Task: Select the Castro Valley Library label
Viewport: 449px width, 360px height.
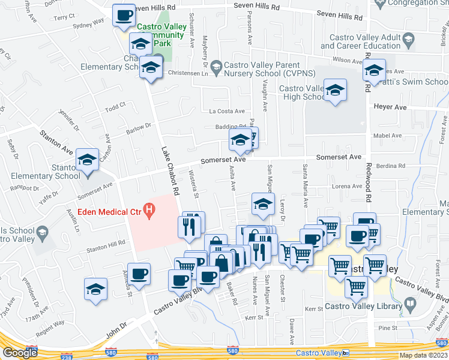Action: pos(367,307)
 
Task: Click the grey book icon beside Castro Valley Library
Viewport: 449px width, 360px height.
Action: pos(410,305)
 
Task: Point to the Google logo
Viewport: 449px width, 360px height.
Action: pos(20,353)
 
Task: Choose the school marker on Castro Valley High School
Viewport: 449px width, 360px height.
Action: pos(335,91)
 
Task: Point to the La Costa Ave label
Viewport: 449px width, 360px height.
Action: pos(227,111)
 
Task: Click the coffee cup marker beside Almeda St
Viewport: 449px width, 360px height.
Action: pos(140,274)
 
